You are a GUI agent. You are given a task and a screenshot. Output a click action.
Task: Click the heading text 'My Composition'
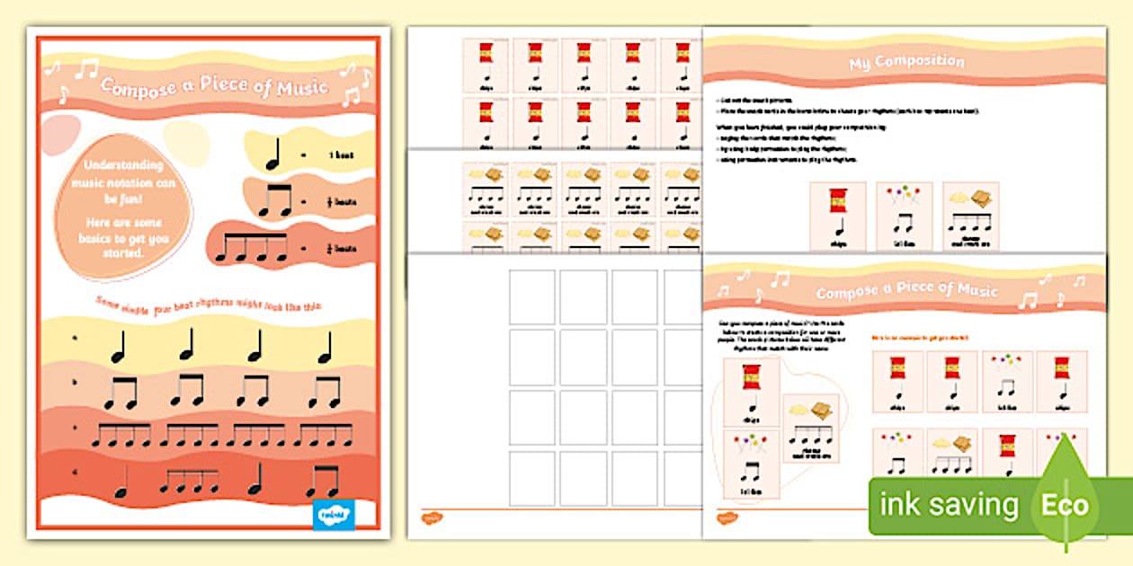pos(906,63)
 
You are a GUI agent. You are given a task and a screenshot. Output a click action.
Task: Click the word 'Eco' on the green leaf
pos(1065,505)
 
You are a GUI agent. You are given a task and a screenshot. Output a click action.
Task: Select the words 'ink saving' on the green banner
pos(949,505)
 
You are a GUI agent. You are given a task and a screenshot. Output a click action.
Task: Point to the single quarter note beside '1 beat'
pos(273,156)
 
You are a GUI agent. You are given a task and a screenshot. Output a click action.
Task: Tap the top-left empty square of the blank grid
pos(531,296)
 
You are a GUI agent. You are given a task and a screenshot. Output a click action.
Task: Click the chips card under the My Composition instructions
pos(837,217)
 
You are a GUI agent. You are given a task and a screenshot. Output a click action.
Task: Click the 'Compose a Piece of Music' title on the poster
pos(214,88)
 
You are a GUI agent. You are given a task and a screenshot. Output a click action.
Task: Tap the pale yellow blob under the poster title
pos(186,139)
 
